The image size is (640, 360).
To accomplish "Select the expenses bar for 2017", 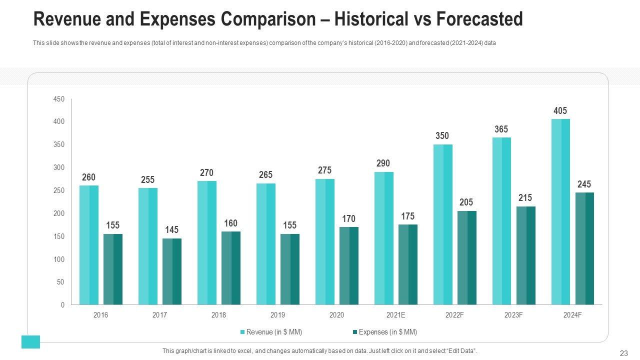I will click(x=172, y=271).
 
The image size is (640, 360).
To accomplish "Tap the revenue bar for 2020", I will click(x=325, y=241).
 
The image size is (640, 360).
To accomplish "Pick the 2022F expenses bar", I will click(x=467, y=257).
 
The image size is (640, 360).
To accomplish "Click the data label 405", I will click(x=560, y=111).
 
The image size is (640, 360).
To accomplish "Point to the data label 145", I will click(x=171, y=230).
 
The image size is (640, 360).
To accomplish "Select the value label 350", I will click(x=442, y=136).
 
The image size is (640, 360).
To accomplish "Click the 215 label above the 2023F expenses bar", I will click(x=525, y=198).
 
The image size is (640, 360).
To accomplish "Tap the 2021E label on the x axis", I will click(x=395, y=315).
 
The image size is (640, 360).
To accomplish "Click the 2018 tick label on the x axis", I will click(x=218, y=315).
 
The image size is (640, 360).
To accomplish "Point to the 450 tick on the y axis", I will click(x=59, y=99).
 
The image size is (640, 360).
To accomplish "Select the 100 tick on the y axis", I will click(x=59, y=259).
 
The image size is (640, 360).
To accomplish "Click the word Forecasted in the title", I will click(x=479, y=19).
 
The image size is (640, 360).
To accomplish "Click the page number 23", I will click(x=623, y=353).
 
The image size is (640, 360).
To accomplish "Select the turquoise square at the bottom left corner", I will click(x=30, y=342).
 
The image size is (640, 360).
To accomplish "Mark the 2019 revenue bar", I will click(x=266, y=244).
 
